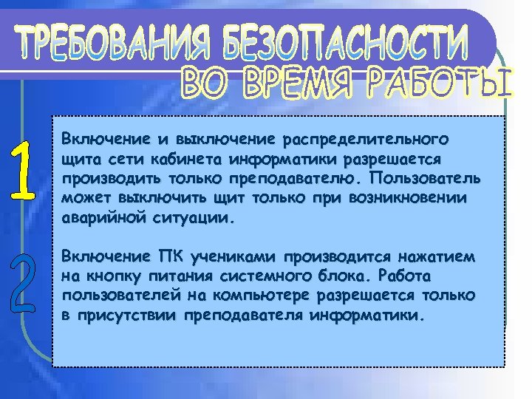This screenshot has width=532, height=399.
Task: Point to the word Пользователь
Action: [426, 179]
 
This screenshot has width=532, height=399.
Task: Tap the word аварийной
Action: [92, 219]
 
